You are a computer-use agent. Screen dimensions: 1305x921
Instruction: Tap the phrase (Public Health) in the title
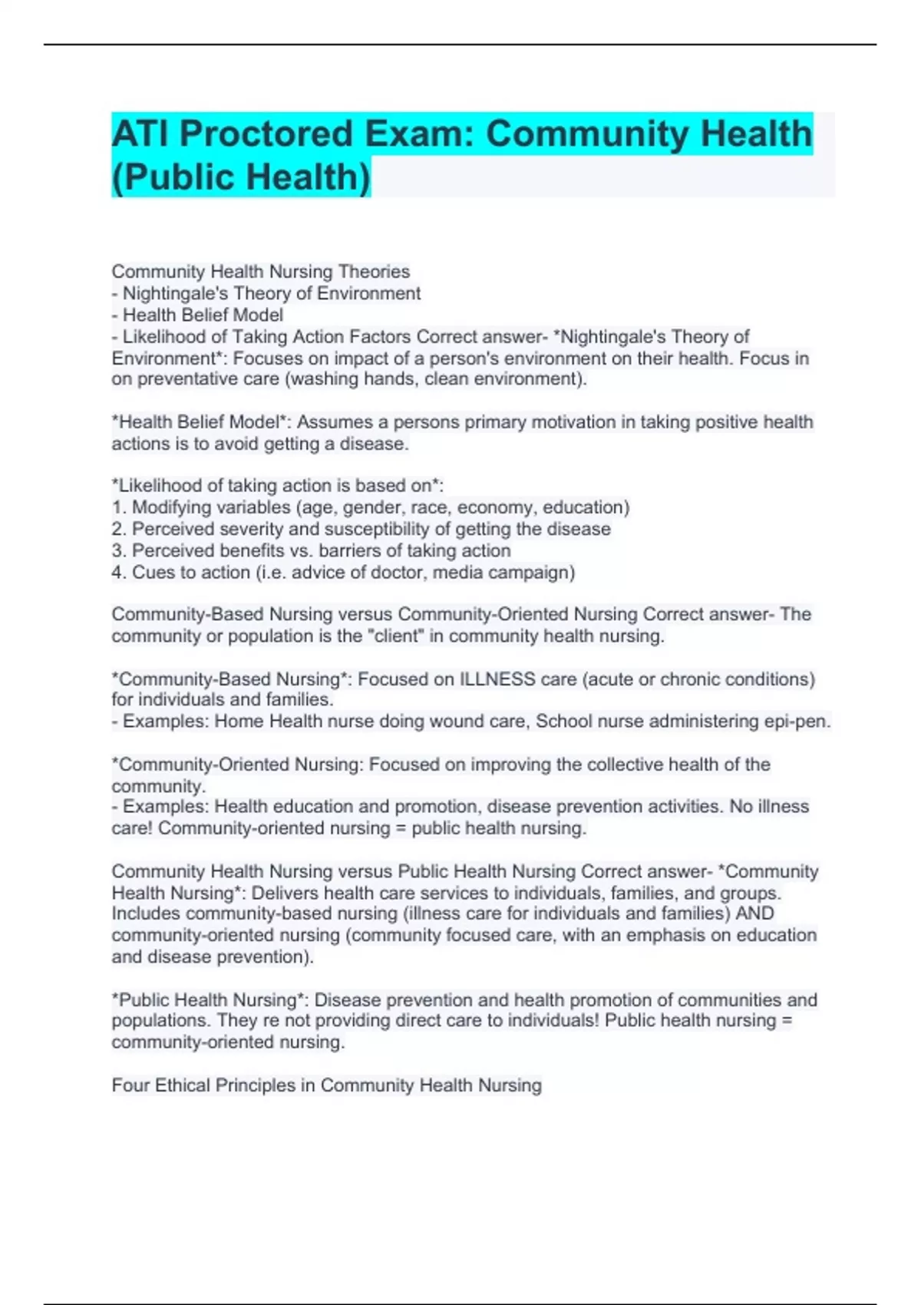point(241,177)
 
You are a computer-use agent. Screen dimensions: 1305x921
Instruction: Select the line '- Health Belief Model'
point(197,315)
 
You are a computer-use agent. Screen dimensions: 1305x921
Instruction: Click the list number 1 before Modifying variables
point(117,507)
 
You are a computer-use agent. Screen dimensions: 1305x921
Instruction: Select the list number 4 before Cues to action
point(117,573)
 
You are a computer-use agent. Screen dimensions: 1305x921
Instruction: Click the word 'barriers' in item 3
point(346,550)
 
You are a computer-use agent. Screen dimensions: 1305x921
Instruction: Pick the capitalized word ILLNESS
point(497,679)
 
